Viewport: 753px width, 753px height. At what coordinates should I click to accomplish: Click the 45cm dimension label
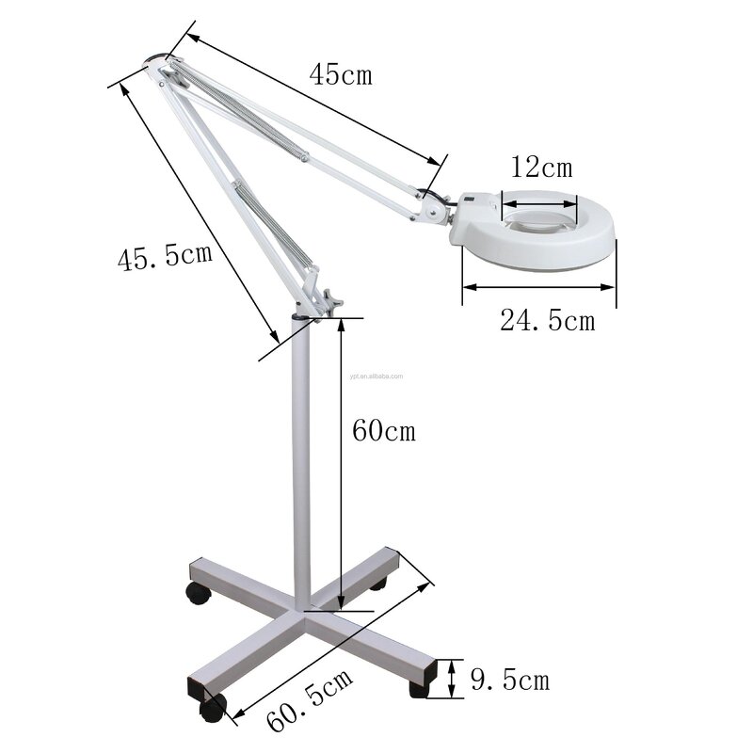pos(341,74)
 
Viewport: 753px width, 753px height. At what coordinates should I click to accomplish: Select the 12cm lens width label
pos(540,168)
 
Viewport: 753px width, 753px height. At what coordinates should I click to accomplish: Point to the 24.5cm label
pos(547,321)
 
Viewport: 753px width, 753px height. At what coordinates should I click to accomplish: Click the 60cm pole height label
pos(382,431)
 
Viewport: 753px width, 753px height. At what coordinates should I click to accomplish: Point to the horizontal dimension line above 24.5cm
pos(538,287)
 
